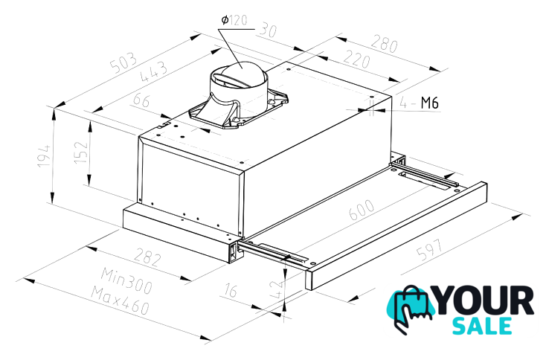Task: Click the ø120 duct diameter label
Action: pos(234,20)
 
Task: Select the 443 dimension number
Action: pos(153,71)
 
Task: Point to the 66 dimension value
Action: pos(141,100)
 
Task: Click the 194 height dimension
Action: pos(44,155)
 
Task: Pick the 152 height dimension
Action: pos(81,152)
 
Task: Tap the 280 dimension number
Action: pos(384,44)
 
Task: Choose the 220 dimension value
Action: pos(356,60)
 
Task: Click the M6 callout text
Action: pos(429,103)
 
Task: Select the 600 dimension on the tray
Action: pos(362,210)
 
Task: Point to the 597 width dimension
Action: pos(431,250)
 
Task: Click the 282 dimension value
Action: pos(148,257)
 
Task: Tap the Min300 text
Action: pos(126,280)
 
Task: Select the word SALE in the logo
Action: pos(482,326)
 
